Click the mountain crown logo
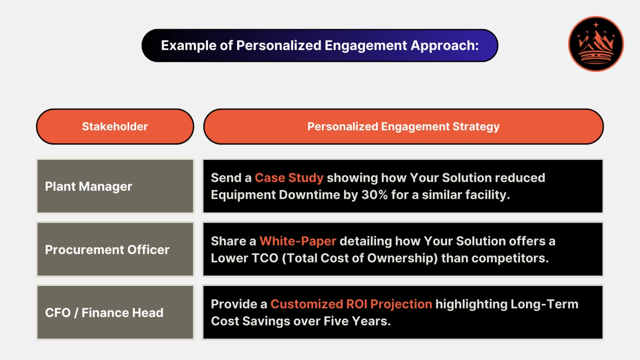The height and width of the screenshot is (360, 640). click(596, 44)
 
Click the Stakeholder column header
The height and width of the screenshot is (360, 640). click(115, 126)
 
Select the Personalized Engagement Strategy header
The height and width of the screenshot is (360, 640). click(403, 126)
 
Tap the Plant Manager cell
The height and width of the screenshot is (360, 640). click(115, 186)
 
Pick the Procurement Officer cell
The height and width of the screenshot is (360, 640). click(115, 249)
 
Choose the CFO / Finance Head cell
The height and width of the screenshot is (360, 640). click(115, 313)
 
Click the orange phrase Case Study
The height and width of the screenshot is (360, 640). click(289, 178)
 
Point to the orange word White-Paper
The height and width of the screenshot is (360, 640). click(298, 241)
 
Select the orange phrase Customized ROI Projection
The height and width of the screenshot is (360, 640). click(351, 304)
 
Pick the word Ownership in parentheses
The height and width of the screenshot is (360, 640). click(401, 258)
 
